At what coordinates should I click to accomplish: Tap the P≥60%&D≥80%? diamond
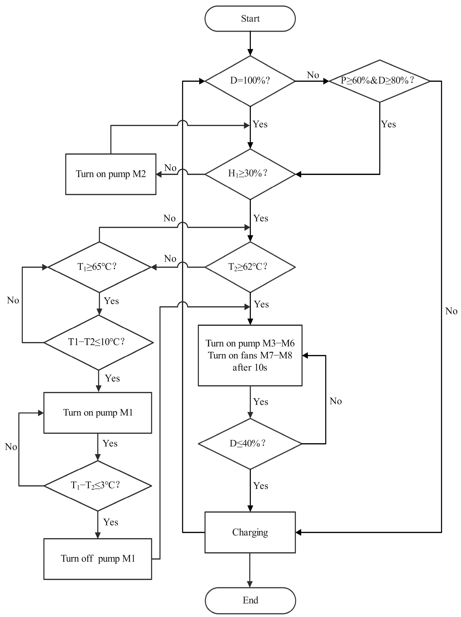point(379,81)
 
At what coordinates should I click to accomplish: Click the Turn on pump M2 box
point(111,174)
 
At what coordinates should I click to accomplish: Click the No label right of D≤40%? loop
point(336,401)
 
